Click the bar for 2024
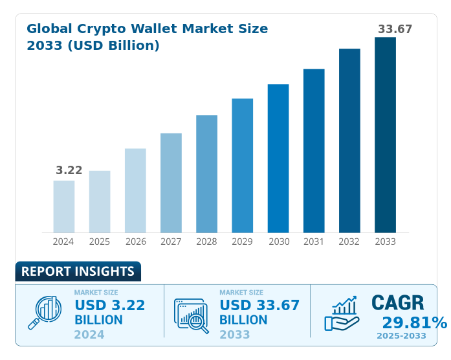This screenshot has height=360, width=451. [64, 206]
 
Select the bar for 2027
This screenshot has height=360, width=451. [171, 183]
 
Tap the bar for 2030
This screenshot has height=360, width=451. [278, 158]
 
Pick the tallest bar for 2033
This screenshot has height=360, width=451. [385, 135]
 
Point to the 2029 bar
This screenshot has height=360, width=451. [243, 165]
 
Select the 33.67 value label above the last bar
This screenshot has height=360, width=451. [395, 29]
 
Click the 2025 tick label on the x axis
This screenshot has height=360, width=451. [100, 242]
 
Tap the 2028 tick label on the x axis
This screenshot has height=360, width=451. [206, 242]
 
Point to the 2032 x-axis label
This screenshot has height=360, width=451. [349, 242]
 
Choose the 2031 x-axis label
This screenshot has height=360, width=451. [314, 242]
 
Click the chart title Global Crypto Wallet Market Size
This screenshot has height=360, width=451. [147, 29]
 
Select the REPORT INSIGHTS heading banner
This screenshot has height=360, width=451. [78, 271]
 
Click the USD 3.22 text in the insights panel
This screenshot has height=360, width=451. [109, 305]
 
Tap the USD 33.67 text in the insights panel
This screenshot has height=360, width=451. [259, 305]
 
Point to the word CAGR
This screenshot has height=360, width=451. [397, 303]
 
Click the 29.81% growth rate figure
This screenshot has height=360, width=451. [413, 322]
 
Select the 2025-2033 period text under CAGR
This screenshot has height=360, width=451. [401, 336]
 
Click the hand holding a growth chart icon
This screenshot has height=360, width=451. [342, 313]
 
